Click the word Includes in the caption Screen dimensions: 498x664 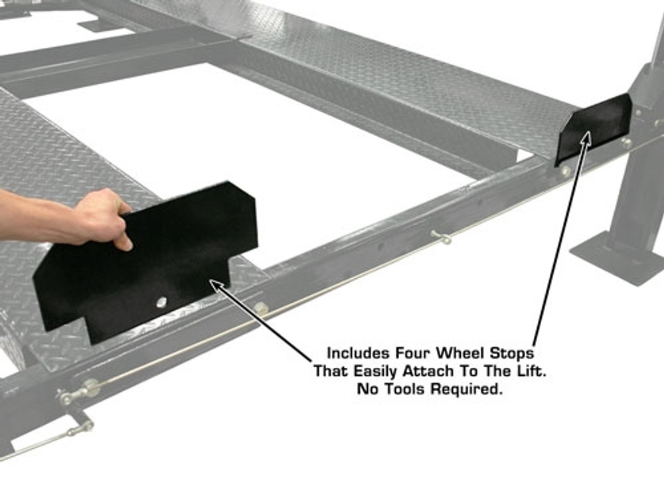356,353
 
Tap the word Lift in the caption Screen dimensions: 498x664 531,371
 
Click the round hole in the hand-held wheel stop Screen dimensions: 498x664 161,302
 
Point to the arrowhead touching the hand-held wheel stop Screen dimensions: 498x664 214,284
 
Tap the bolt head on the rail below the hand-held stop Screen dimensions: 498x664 261,308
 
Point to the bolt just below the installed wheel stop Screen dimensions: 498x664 566,171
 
